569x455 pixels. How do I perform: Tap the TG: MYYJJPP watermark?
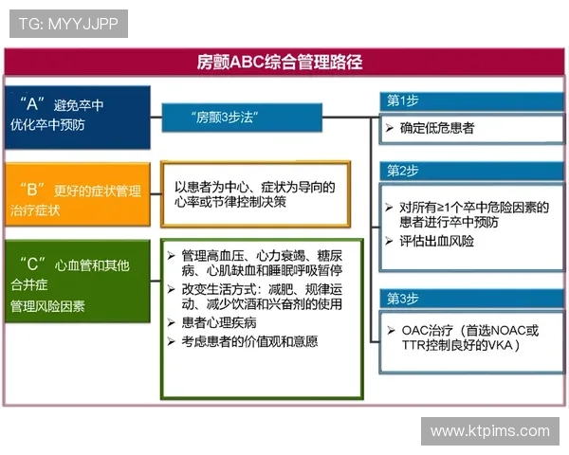click(68, 23)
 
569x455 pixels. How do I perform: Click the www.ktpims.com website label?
click(489, 431)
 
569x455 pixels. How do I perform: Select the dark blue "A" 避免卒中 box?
click(79, 117)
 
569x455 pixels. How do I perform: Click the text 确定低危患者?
click(437, 127)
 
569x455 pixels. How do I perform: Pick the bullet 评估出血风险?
click(436, 241)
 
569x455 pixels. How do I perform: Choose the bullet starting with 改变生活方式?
click(262, 296)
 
